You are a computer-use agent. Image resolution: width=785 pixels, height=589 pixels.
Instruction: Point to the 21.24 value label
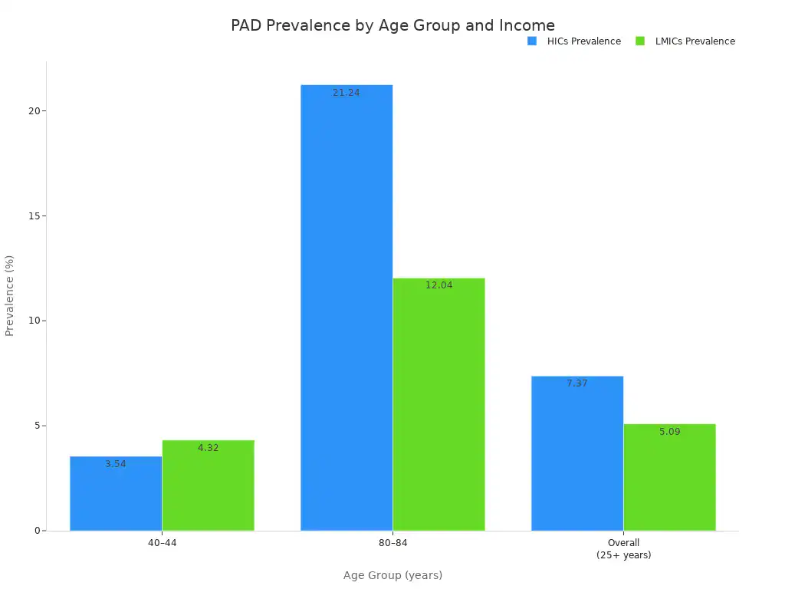[347, 93]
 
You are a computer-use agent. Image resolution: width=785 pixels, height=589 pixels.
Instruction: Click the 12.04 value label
[438, 285]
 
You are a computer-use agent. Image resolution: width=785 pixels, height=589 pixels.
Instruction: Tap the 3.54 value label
[116, 464]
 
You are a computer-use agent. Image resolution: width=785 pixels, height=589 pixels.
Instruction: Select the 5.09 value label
[669, 432]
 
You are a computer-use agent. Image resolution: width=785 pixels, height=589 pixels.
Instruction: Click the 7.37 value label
[577, 383]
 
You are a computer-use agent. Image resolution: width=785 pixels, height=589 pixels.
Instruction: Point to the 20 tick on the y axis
[34, 110]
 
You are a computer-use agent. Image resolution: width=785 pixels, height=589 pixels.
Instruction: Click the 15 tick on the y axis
[34, 216]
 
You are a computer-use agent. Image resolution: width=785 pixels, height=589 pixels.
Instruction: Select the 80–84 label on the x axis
[392, 543]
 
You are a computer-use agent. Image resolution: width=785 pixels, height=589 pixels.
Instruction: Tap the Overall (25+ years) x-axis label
[623, 549]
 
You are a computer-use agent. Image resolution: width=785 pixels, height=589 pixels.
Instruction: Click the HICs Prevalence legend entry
[575, 41]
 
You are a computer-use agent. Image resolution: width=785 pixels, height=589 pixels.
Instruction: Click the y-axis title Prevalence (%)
[10, 295]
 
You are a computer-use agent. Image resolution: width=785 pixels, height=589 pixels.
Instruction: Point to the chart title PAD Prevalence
[392, 25]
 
